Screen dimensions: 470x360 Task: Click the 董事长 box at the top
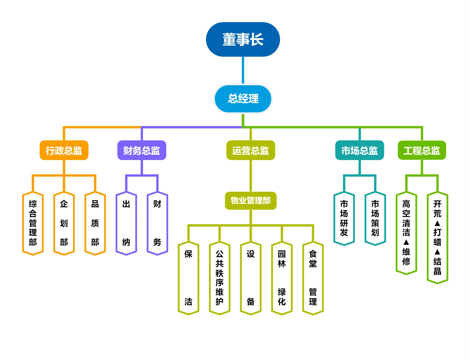pos(243,39)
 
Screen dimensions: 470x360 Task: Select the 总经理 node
pos(243,99)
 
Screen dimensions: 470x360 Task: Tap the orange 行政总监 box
pos(64,150)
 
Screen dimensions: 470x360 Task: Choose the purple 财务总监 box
pos(142,150)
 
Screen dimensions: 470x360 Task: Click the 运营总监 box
pos(251,150)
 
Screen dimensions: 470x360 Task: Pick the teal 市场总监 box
pos(359,150)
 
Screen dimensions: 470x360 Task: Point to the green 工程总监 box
pos(422,150)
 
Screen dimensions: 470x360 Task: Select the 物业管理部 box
pos(251,201)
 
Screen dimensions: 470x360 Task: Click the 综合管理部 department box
pos(33,223)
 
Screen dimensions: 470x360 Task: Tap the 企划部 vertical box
pos(64,223)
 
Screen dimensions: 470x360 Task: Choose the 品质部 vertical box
pos(95,223)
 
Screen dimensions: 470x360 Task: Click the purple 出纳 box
pos(126,223)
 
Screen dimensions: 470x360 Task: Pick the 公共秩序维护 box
pos(220,278)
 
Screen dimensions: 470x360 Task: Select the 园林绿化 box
pos(282,278)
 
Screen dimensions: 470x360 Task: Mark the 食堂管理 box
pos(313,278)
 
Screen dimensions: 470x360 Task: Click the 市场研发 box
pos(344,218)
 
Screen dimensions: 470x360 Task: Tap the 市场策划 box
pos(375,218)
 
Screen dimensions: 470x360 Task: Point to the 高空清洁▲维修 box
pos(407,233)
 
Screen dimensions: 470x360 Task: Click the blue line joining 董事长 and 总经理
pos(243,71)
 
